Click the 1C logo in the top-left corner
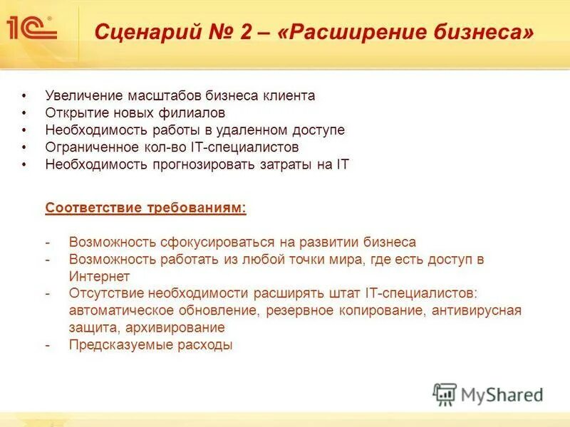(x=31, y=29)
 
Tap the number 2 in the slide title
(x=245, y=32)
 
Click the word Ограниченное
(x=90, y=147)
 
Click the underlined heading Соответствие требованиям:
(x=146, y=208)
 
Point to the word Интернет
(x=99, y=276)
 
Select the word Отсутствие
(x=104, y=293)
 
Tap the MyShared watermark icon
(x=445, y=394)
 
